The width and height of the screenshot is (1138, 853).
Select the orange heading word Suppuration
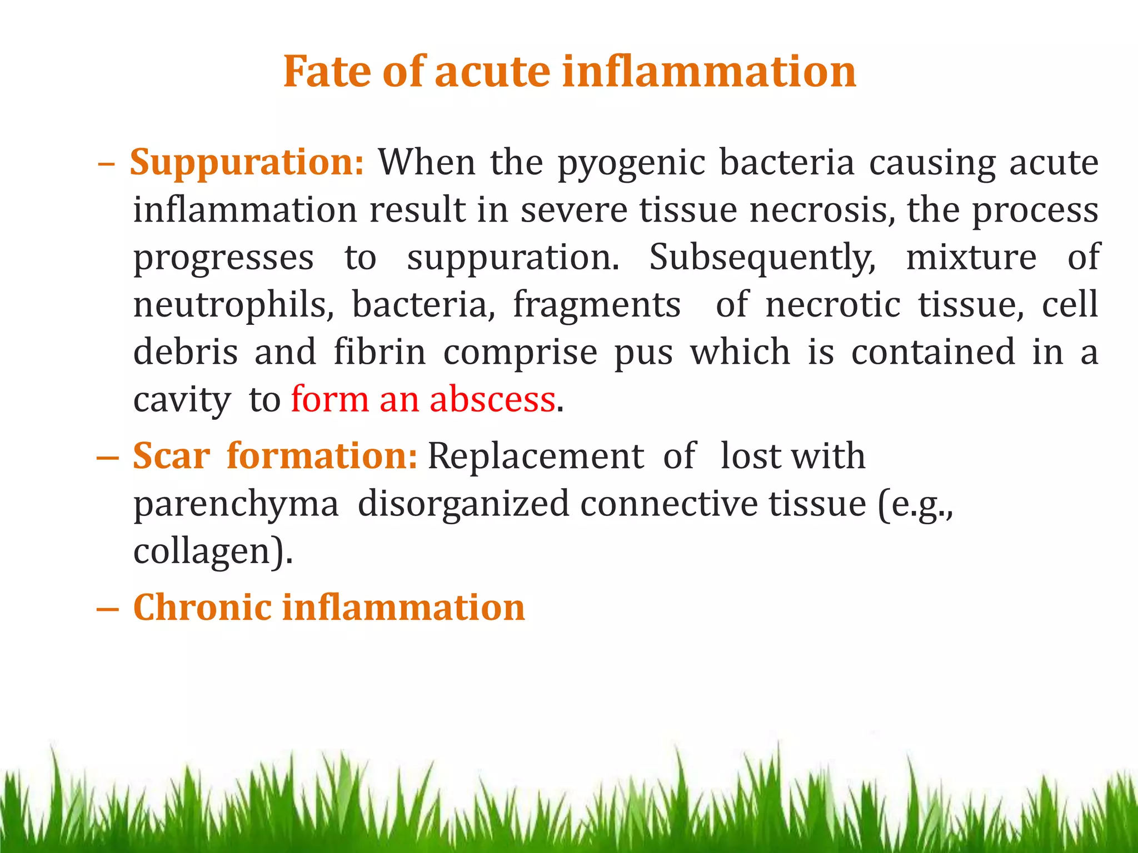(246, 162)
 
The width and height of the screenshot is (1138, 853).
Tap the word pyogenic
(631, 163)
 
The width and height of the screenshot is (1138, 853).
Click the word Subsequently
(762, 258)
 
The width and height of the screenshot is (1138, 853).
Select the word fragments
(596, 306)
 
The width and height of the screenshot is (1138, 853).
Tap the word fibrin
(380, 353)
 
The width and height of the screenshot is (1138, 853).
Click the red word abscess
(492, 400)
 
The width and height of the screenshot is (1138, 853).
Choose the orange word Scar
(171, 456)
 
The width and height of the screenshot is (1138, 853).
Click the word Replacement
(536, 456)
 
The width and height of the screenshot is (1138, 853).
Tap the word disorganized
(463, 504)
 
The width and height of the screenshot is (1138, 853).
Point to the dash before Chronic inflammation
(107, 609)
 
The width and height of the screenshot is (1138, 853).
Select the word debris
(186, 353)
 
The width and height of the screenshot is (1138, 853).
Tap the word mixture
(971, 258)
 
